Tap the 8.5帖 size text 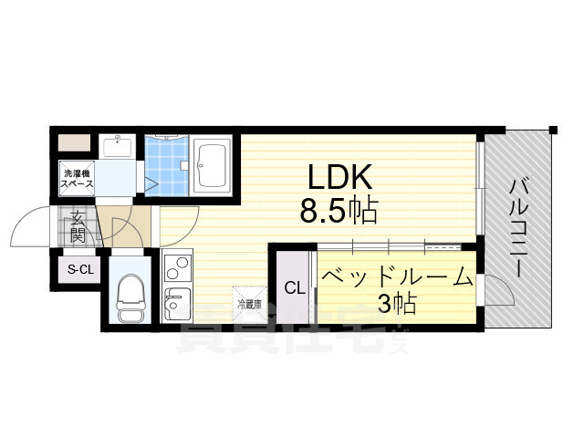click(x=339, y=212)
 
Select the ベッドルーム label click(x=395, y=276)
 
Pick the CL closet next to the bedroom click(x=294, y=288)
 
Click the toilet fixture click(x=130, y=298)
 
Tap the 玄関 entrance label click(x=78, y=226)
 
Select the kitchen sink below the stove click(x=177, y=302)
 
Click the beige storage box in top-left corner click(x=75, y=143)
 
